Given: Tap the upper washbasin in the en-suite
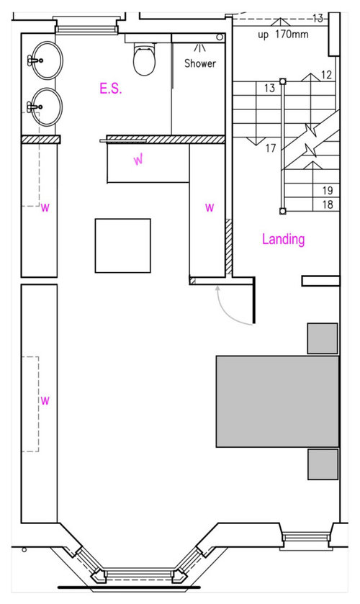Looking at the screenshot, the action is [46, 60].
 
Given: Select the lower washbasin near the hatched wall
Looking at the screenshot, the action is [46, 107].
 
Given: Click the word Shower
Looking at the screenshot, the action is [200, 63].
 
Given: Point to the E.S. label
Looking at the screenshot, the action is [111, 89].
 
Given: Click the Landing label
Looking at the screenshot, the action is [283, 239].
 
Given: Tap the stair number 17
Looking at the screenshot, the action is [271, 148].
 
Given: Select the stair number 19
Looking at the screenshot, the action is [328, 190].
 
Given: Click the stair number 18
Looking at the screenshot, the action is [328, 204].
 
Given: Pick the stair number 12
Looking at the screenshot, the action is [326, 75].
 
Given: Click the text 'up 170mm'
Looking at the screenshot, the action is [283, 35].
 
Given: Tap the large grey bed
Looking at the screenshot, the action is [277, 402].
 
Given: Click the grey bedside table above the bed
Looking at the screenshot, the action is [323, 338].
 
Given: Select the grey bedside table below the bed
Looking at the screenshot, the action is [323, 464].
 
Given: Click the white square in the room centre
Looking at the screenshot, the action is [123, 245].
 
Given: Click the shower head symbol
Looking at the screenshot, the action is [199, 48].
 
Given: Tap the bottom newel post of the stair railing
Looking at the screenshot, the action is [282, 211].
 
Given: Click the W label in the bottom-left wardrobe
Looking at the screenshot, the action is [45, 400].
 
